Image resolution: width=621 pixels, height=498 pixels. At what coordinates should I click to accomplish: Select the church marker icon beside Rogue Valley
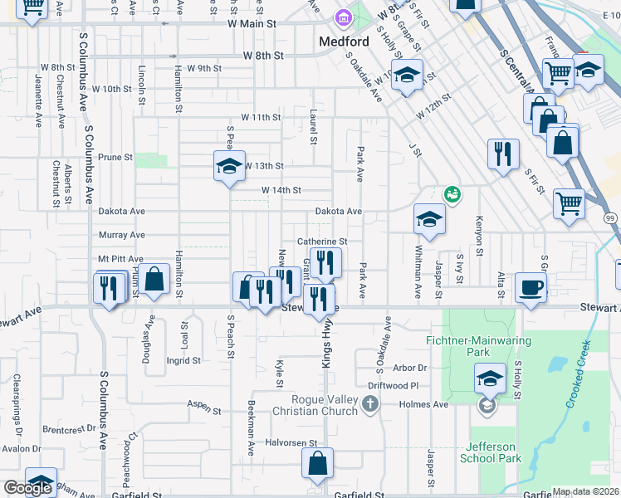click(x=370, y=404)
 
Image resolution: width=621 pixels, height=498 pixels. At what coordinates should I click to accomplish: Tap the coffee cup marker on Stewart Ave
click(x=531, y=287)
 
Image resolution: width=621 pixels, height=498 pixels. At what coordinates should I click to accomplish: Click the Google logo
click(x=27, y=488)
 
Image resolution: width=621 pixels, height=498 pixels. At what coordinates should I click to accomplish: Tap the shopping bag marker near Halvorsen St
click(x=317, y=465)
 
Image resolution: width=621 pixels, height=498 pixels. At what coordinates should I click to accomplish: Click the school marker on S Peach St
click(x=229, y=166)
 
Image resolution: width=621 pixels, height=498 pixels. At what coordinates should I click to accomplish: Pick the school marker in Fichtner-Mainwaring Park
click(x=491, y=378)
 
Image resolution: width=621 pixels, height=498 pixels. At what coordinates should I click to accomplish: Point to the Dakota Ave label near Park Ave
click(x=339, y=212)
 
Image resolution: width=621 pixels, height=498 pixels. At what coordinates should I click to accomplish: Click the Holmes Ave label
click(x=428, y=405)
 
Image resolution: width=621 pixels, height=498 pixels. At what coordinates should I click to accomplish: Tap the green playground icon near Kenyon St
click(x=452, y=195)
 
